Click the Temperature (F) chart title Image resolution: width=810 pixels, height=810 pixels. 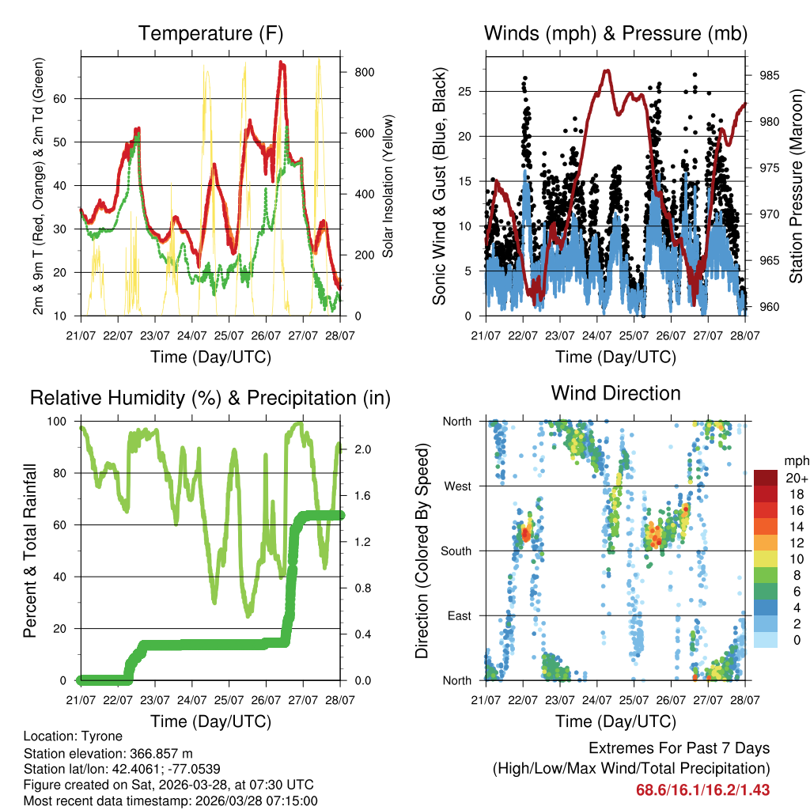pos(210,33)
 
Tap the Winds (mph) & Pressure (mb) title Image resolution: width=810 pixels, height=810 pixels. pos(615,33)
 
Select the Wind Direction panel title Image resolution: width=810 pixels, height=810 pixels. pos(615,393)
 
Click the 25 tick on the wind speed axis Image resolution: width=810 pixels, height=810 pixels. pos(466,91)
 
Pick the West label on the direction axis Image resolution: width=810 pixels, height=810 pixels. pos(458,486)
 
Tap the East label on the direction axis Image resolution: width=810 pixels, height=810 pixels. pos(460,615)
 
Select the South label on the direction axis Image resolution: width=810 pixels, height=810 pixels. pos(456,551)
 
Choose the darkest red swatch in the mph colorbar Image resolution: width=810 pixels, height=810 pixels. pos(766,477)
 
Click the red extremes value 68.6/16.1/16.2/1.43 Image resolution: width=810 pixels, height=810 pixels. pos(702,790)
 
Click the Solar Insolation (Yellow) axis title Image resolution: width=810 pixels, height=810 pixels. pos(388,186)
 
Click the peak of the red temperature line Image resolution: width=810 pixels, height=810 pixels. pos(282,63)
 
